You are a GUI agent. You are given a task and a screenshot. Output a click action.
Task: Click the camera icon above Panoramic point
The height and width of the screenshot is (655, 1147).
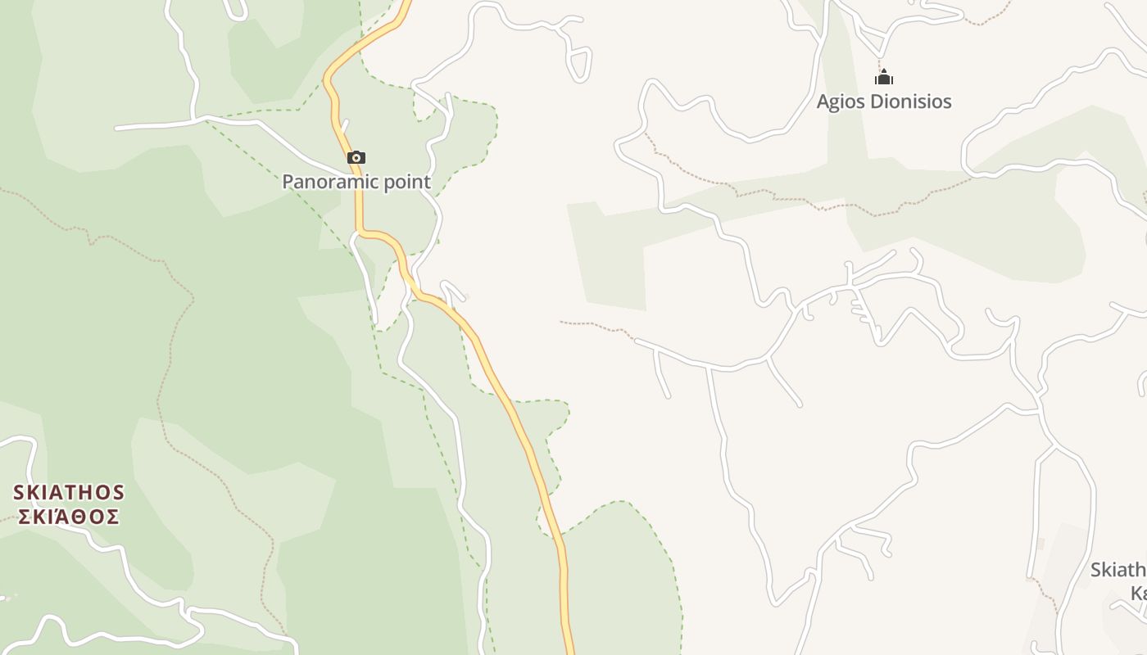[x=356, y=157]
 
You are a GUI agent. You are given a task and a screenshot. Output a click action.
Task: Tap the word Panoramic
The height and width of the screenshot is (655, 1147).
[x=321, y=182]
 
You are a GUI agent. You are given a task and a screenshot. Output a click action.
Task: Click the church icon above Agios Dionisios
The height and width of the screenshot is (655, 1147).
[x=883, y=78]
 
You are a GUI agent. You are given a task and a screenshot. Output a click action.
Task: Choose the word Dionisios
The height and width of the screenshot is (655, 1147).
[x=910, y=102]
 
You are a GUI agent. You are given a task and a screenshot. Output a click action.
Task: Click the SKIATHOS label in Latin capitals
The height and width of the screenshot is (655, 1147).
[x=69, y=493]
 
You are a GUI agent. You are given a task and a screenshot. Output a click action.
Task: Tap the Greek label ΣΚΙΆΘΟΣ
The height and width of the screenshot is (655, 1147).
[x=69, y=517]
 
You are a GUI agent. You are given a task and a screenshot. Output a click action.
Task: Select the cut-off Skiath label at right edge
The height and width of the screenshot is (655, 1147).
[x=1118, y=570]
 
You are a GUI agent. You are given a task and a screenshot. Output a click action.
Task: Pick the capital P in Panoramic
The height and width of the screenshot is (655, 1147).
[x=288, y=182]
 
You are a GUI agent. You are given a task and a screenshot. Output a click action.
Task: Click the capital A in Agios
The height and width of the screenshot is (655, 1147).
[x=823, y=102]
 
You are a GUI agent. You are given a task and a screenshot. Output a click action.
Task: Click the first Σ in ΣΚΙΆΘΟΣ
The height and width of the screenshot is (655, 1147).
[x=25, y=517]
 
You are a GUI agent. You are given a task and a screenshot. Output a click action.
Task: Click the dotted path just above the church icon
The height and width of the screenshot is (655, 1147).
[x=880, y=62]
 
